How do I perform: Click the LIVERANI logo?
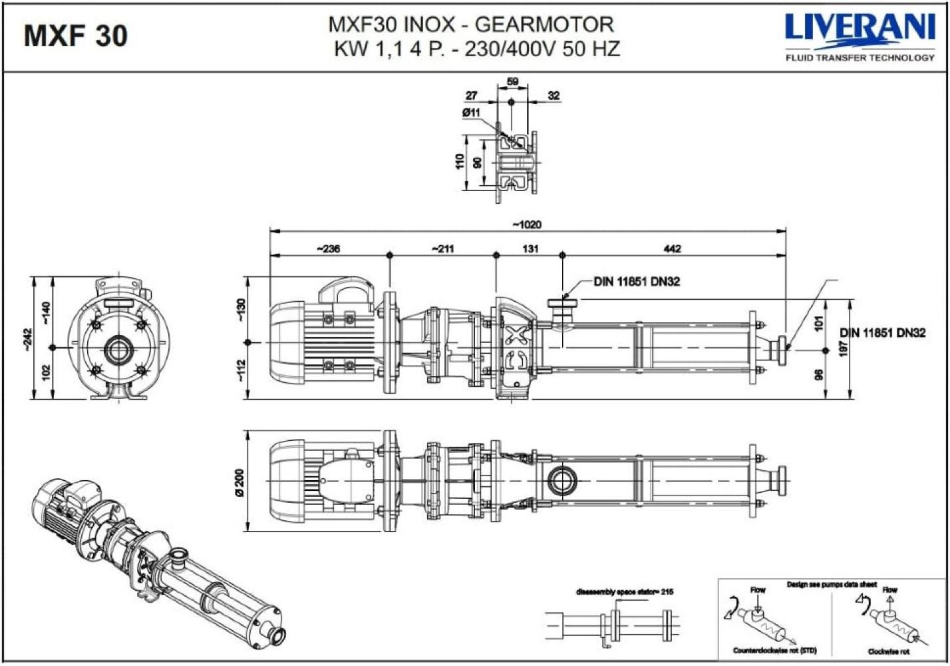point(860,28)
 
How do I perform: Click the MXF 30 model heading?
point(75,35)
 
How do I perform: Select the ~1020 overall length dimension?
point(527,224)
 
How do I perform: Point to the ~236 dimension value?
point(328,248)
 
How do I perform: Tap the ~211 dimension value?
point(442,248)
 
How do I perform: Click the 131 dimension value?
point(530,248)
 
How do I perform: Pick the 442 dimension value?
point(673,248)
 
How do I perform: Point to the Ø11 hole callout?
point(471,113)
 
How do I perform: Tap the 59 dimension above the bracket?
point(512,82)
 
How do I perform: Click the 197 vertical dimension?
point(844,348)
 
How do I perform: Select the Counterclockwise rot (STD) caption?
point(774,650)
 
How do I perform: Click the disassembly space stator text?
point(625,591)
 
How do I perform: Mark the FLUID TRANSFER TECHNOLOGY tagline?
point(860,58)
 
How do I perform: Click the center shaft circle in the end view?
point(118,348)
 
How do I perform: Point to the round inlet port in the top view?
point(562,480)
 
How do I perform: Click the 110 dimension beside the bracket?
point(460,162)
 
